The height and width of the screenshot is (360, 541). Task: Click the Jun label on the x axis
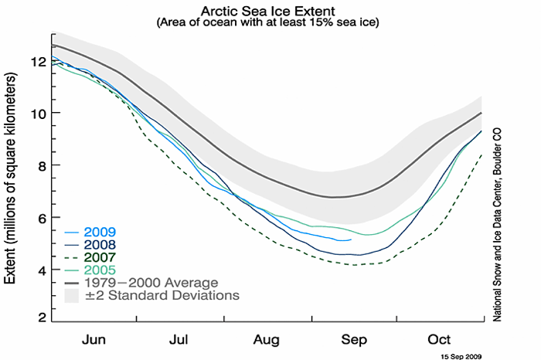94,339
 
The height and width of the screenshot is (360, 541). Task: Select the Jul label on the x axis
179,339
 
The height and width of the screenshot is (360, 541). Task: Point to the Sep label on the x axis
355,339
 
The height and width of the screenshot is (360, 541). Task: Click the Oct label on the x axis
440,339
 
